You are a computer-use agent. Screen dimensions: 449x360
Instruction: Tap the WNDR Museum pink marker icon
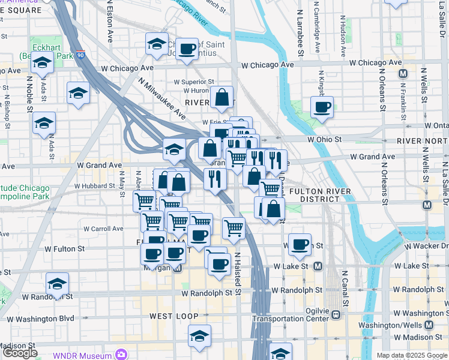click(122, 355)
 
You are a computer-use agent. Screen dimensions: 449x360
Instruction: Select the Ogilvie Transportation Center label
click(295, 314)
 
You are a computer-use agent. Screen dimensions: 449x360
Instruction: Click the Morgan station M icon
click(178, 268)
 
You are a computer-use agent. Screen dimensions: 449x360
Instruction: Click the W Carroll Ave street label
click(103, 229)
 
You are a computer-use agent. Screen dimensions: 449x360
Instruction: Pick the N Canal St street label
click(345, 288)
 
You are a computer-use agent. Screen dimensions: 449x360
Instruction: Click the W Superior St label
click(194, 82)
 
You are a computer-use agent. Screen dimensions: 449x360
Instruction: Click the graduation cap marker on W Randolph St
click(57, 284)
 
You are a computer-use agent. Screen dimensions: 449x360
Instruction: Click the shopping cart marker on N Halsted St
click(234, 227)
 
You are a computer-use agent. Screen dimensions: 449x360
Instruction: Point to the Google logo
click(20, 353)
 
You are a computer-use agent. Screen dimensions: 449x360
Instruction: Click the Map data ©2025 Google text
click(412, 355)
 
